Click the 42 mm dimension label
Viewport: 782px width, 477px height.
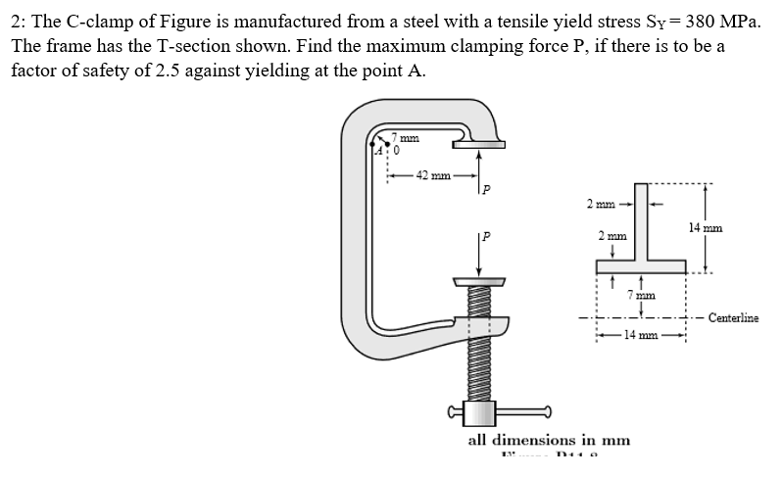[432, 176]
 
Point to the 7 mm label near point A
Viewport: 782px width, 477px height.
[407, 138]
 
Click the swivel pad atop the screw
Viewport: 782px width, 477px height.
[479, 282]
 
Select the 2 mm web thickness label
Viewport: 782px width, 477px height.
[601, 205]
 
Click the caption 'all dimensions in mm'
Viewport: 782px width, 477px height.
[548, 440]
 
